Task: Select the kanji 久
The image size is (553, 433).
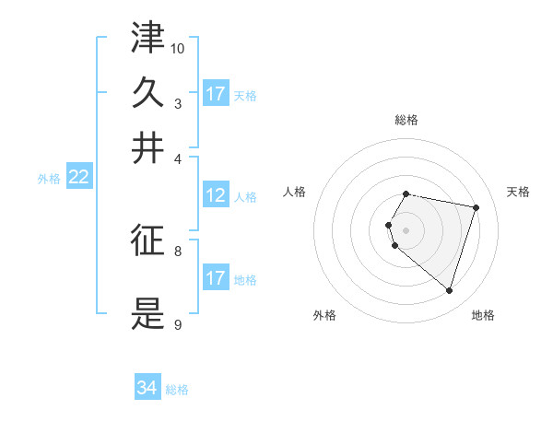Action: [148, 93]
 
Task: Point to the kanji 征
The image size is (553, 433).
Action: [148, 240]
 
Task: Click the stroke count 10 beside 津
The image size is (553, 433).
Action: [178, 48]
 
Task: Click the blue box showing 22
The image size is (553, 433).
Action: [78, 178]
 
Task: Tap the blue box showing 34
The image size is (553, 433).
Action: [147, 389]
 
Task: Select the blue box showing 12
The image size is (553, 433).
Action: [216, 195]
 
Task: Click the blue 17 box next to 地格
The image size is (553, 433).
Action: [216, 278]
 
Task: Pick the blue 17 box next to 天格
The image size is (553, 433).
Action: [216, 94]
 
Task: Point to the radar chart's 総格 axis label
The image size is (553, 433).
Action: [406, 120]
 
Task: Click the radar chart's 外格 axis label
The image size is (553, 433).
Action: [324, 315]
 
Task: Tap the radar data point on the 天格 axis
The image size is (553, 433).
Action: [476, 208]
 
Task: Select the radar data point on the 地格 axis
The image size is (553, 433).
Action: [449, 291]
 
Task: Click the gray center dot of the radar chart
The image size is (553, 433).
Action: [406, 229]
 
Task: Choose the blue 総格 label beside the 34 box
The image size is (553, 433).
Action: [177, 390]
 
